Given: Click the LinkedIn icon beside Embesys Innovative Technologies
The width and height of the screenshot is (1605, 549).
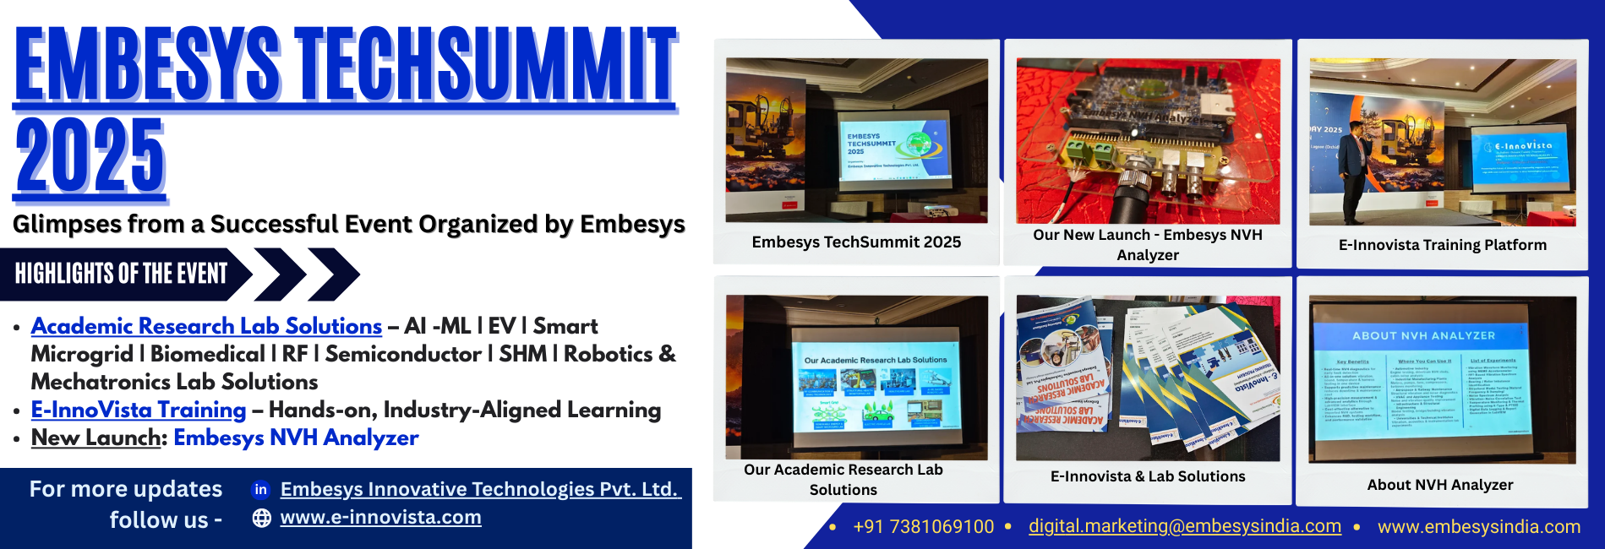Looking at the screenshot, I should pyautogui.click(x=261, y=489).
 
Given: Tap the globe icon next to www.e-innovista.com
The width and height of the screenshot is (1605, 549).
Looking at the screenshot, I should pyautogui.click(x=262, y=518).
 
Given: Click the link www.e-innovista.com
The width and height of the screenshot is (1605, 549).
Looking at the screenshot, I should pyautogui.click(x=380, y=517).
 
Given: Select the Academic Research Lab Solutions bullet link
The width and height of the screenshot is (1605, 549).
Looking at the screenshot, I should pyautogui.click(x=206, y=326).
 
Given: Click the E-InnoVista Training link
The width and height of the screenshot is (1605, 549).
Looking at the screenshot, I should pyautogui.click(x=139, y=410).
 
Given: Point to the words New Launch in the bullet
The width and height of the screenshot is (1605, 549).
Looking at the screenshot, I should pyautogui.click(x=96, y=438).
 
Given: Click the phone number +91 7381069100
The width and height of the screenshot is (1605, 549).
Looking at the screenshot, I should pyautogui.click(x=923, y=527).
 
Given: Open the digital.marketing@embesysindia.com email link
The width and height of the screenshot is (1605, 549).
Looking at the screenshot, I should pyautogui.click(x=1184, y=526).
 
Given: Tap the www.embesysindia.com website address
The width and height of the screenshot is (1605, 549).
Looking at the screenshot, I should pyautogui.click(x=1478, y=527).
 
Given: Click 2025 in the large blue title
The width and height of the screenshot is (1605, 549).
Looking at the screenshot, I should pyautogui.click(x=90, y=157).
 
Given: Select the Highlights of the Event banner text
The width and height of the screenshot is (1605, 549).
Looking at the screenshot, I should pyautogui.click(x=122, y=274).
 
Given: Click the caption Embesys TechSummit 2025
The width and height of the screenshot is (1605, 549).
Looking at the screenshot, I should pyautogui.click(x=856, y=242).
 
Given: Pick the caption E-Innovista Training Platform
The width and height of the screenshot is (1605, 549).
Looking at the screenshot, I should pyautogui.click(x=1442, y=245).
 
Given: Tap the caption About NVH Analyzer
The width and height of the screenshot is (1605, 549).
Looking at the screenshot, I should pyautogui.click(x=1439, y=485).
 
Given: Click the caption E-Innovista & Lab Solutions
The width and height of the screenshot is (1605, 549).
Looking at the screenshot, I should pyautogui.click(x=1147, y=476).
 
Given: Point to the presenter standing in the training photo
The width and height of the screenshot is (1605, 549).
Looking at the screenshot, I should pyautogui.click(x=1354, y=165).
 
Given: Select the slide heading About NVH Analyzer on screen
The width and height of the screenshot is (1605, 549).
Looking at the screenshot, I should pyautogui.click(x=1423, y=335).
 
